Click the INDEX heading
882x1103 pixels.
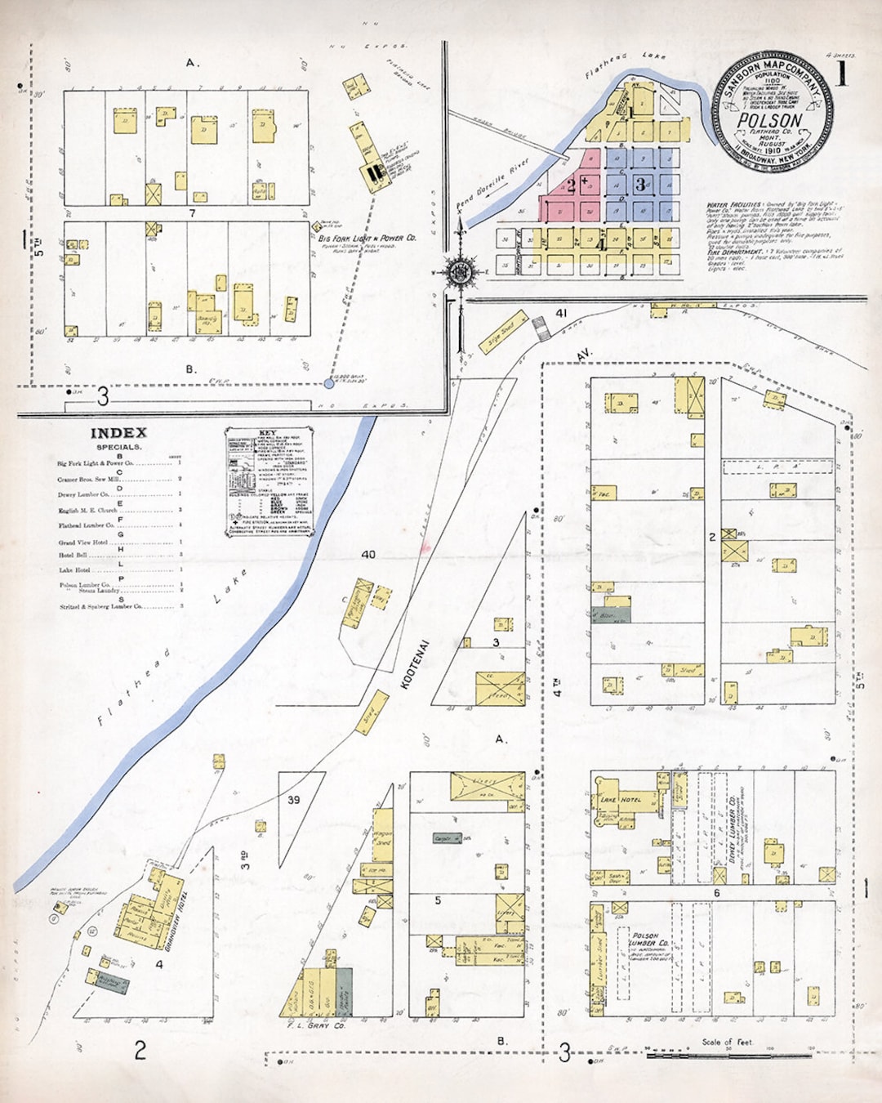118,433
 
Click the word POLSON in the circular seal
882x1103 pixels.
769,120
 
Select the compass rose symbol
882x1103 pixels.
460,270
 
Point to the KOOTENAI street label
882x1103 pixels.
415,663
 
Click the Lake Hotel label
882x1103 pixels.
621,799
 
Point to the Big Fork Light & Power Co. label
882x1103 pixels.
367,238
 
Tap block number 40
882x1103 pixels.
368,555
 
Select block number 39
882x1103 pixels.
293,800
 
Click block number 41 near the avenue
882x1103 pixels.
561,313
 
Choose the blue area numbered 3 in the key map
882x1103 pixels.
641,185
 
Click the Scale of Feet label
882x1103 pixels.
727,1042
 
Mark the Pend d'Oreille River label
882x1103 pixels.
492,184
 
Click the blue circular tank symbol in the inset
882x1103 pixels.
329,382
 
